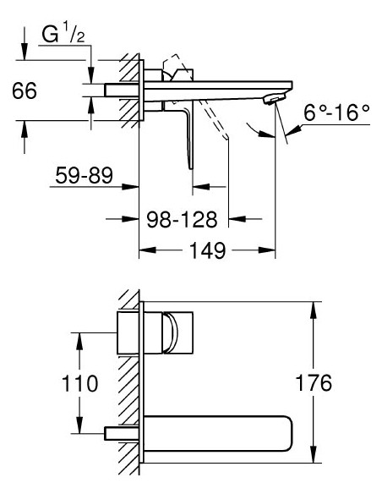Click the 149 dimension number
(x=206, y=250)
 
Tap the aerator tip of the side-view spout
(x=272, y=100)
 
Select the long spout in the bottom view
(x=220, y=431)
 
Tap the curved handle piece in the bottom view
(x=172, y=332)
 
